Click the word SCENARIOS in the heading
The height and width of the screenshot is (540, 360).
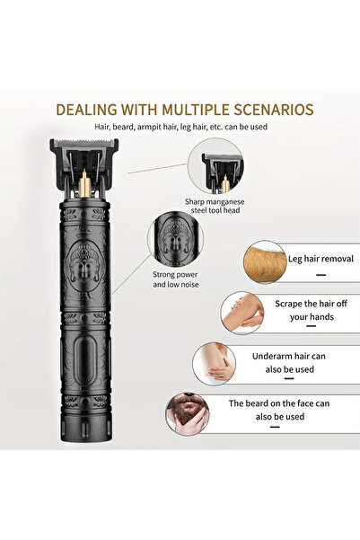pos(274,110)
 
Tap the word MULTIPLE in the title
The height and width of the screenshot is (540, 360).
pos(196,110)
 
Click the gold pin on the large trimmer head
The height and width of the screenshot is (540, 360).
pos(84,182)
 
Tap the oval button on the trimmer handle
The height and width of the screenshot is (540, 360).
pos(84,361)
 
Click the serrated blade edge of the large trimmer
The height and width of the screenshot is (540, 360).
pos(84,142)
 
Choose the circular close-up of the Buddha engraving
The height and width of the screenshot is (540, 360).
pos(176,240)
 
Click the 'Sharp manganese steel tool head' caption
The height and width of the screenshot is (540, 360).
pos(215,206)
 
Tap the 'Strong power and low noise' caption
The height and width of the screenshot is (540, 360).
pos(176,279)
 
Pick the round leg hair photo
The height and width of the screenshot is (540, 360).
pos(265,261)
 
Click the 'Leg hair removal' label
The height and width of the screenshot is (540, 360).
pos(320,259)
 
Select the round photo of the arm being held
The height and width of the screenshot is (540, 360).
pos(242,313)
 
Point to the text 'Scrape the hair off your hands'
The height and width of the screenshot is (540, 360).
pos(312,310)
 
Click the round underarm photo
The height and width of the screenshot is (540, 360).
pos(214,364)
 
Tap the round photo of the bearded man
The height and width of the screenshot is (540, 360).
pos(188,412)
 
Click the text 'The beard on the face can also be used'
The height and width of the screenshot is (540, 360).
pos(279,410)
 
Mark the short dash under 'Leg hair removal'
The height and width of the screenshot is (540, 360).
pos(320,275)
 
